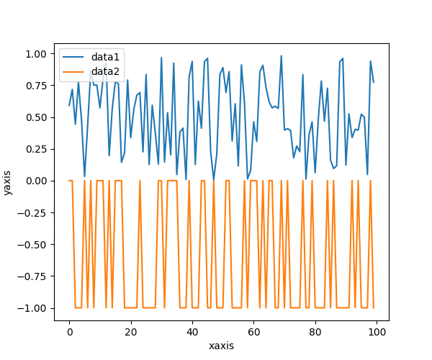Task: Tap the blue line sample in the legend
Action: [x=74, y=56]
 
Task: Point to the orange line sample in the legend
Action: [x=74, y=71]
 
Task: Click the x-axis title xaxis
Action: [x=222, y=346]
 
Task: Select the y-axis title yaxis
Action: [x=8, y=181]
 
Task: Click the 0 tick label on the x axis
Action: [x=70, y=332]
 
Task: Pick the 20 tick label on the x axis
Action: [x=131, y=332]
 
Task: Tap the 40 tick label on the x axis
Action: [x=192, y=332]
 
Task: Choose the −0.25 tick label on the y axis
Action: [x=34, y=212]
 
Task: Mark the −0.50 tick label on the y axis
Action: [x=34, y=245]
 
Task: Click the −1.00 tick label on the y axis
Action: [x=34, y=308]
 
